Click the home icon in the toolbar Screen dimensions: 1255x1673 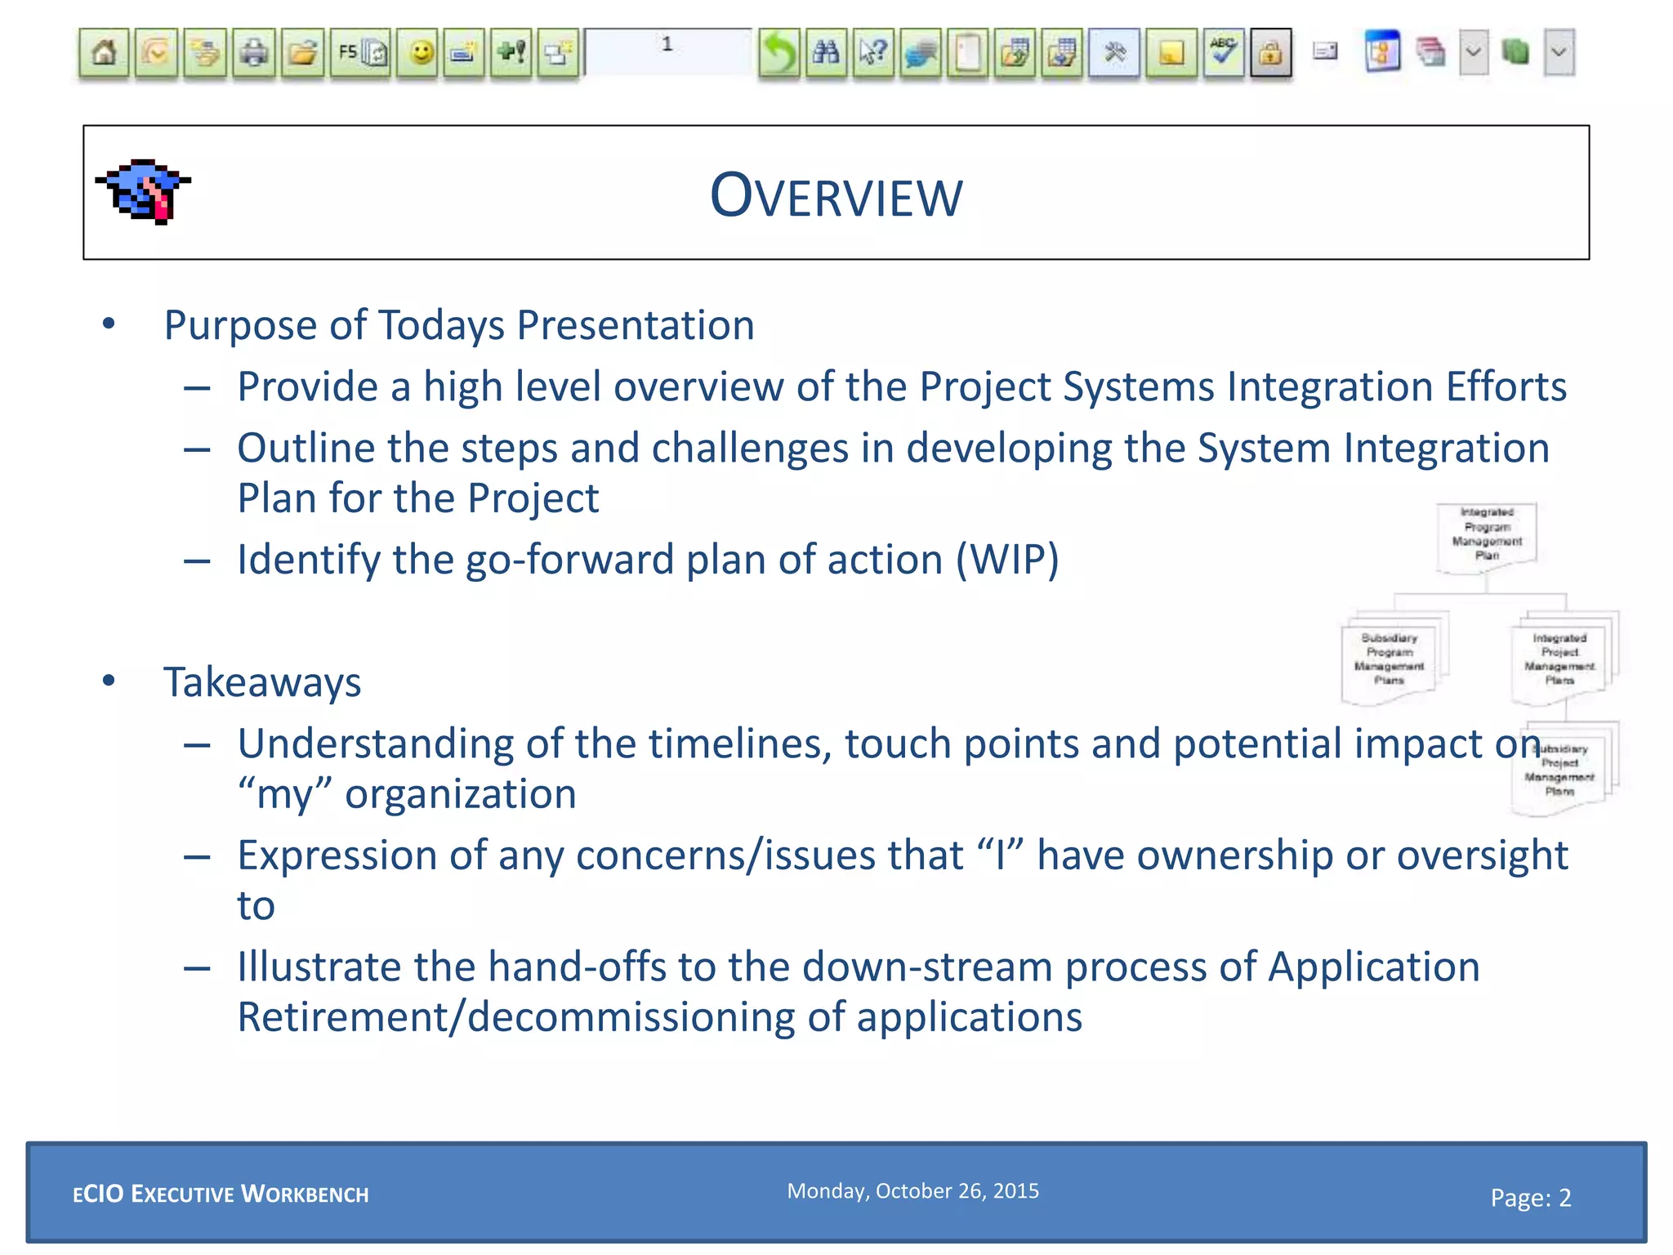104,54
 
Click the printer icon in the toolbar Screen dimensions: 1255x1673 254,54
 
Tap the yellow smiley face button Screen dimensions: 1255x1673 421,54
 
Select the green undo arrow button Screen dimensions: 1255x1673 779,54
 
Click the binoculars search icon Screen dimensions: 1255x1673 826,54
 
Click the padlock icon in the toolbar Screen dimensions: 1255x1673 1270,54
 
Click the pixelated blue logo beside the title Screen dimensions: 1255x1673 144,191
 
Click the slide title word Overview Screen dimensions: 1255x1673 836,196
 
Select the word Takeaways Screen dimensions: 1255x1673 262,682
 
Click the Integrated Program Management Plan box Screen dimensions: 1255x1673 1487,535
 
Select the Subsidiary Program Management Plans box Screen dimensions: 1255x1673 1389,659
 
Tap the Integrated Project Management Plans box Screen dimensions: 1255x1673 1559,659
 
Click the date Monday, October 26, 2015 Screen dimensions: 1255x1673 912,1191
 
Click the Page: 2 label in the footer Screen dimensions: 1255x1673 1530,1198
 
